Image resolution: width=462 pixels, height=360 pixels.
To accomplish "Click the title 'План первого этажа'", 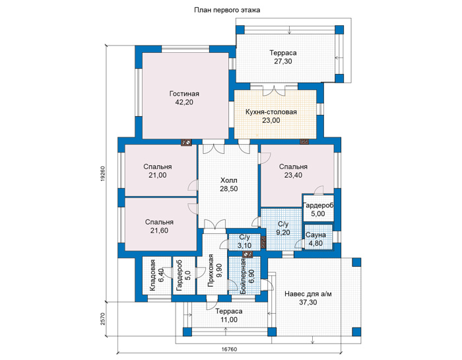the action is [227, 11].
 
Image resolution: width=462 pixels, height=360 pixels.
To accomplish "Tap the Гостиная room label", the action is [184, 94].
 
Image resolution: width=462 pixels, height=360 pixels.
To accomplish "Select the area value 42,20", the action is [184, 102].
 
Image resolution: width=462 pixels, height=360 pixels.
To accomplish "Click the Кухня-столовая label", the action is [271, 112].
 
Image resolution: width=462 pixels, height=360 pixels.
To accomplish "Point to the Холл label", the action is [228, 180].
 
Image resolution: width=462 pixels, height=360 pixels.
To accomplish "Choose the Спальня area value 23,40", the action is [293, 175].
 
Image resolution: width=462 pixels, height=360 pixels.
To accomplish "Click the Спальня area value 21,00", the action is [158, 175].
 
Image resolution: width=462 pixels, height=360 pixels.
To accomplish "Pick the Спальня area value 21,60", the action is [160, 231].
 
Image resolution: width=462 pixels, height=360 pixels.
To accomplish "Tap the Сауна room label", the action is [315, 235].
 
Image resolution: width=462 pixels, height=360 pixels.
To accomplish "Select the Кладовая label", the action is [152, 275].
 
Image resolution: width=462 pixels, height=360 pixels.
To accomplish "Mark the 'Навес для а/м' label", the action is [308, 294].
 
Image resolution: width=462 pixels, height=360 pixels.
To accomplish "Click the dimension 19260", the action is [102, 174].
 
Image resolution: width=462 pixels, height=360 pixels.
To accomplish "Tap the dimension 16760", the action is [229, 349].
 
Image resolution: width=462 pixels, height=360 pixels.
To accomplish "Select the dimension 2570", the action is [102, 319].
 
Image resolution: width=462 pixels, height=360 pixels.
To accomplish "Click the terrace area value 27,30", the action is [283, 61].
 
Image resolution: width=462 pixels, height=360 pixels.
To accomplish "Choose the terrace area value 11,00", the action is [229, 320].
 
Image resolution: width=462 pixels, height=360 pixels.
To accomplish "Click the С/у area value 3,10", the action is [245, 245].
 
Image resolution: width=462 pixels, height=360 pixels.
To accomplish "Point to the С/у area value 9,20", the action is [283, 233].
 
